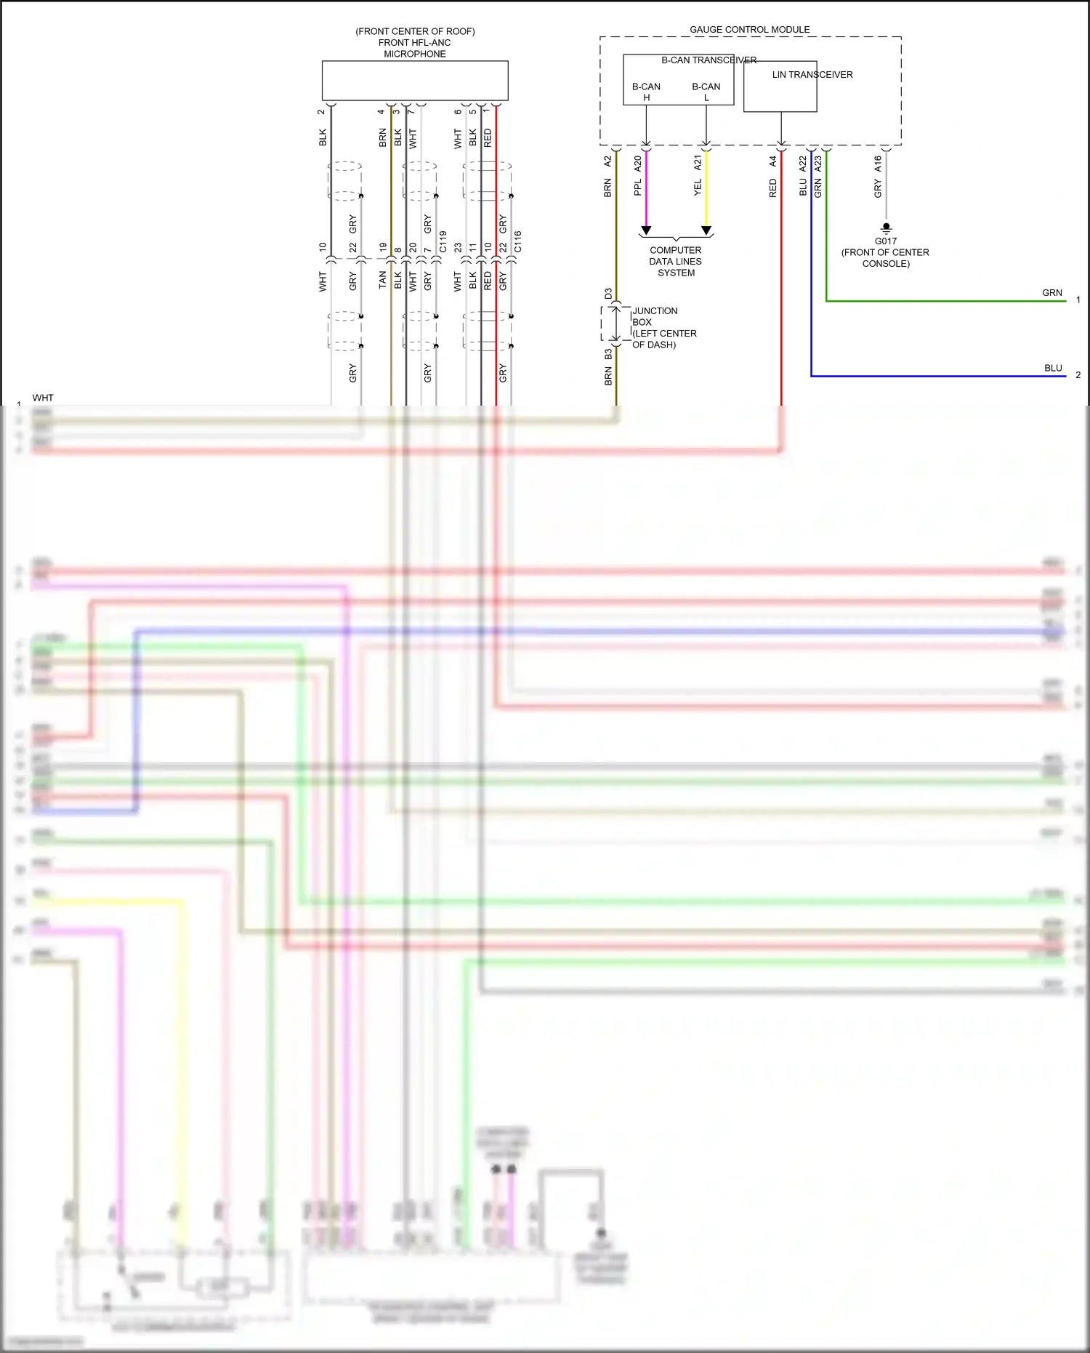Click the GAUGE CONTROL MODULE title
pyautogui.click(x=749, y=30)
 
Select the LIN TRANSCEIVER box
pyautogui.click(x=780, y=87)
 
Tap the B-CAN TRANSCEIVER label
pyautogui.click(x=708, y=60)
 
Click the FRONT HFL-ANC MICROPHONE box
pyautogui.click(x=415, y=81)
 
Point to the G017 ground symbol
pyautogui.click(x=886, y=228)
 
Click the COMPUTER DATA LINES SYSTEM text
pyautogui.click(x=676, y=261)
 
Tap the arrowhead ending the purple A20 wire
pyautogui.click(x=646, y=230)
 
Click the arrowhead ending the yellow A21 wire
pyautogui.click(x=706, y=230)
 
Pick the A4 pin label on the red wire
pyautogui.click(x=772, y=161)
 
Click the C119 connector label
pyautogui.click(x=443, y=241)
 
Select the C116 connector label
pyautogui.click(x=517, y=241)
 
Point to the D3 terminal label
pyautogui.click(x=608, y=294)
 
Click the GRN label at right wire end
pyautogui.click(x=1051, y=293)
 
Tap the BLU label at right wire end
pyautogui.click(x=1053, y=369)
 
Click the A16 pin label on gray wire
pyautogui.click(x=878, y=163)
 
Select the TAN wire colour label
pyautogui.click(x=383, y=280)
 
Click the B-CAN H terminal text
pyautogui.click(x=646, y=92)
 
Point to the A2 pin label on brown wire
pyautogui.click(x=607, y=161)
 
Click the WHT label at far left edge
pyautogui.click(x=43, y=398)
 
